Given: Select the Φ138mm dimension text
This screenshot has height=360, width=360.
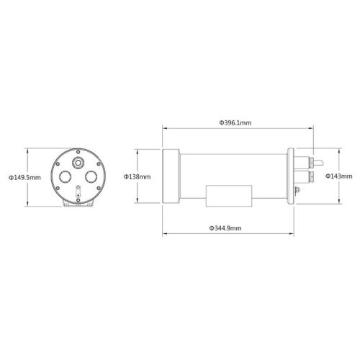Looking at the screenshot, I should click(137, 176).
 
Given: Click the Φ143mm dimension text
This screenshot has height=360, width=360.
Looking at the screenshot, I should click(338, 176).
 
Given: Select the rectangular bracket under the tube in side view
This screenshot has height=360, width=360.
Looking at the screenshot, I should click(229, 196).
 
